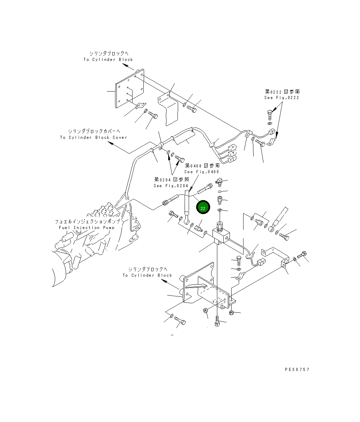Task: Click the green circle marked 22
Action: click(x=203, y=207)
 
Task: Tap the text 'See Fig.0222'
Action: click(x=282, y=98)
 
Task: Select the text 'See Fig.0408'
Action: click(x=201, y=172)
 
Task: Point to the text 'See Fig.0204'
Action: click(x=171, y=185)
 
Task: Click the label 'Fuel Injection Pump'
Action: click(x=87, y=227)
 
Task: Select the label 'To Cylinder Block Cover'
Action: click(x=94, y=137)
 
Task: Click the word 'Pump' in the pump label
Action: click(x=109, y=227)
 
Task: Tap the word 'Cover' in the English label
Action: click(x=120, y=137)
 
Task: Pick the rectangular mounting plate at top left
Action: click(x=129, y=88)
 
